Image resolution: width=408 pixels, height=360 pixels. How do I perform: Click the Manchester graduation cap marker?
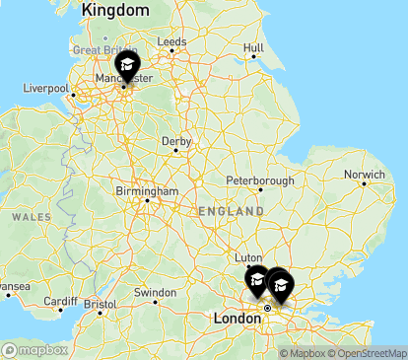126,68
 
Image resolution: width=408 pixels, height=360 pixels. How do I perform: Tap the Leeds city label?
171,42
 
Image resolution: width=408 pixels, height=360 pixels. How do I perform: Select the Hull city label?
253,46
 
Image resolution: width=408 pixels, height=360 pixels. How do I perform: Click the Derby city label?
176,140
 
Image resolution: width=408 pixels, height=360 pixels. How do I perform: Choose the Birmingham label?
146,190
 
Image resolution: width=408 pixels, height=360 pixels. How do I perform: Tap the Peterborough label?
260,181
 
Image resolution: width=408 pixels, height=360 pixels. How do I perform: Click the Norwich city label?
364,175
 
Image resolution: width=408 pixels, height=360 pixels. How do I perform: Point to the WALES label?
31,216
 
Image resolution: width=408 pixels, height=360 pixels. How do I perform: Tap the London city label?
237,319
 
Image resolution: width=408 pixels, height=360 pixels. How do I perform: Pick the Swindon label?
155,293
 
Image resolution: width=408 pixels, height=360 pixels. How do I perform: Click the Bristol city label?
100,305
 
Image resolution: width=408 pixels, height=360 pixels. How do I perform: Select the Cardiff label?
60,301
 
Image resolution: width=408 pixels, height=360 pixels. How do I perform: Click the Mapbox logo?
35,349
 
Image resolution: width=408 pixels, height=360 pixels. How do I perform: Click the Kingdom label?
116,10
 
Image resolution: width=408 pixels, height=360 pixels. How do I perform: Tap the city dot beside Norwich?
364,184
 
